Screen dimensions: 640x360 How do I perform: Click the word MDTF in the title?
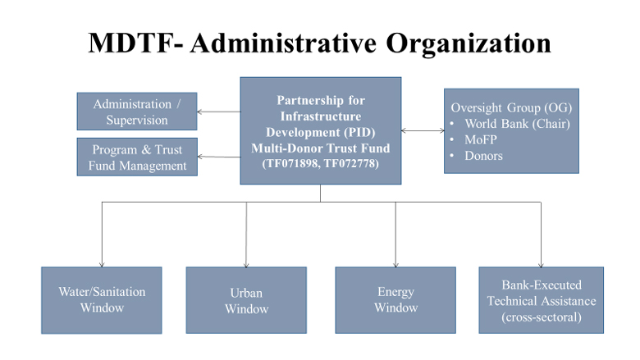(131, 43)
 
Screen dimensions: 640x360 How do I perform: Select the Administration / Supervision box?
(137, 112)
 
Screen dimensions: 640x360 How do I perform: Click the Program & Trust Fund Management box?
(137, 157)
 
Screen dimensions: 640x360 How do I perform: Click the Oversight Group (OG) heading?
(511, 107)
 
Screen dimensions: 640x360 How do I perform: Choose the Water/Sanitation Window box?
(102, 300)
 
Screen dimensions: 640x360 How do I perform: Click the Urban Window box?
(246, 300)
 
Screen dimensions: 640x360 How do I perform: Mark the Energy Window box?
(395, 300)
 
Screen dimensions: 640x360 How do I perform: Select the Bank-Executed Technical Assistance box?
(542, 300)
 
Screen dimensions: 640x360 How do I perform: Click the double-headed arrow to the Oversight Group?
(423, 130)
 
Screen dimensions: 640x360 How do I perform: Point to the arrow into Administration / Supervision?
(219, 112)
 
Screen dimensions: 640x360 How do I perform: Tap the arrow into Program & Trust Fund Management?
(219, 157)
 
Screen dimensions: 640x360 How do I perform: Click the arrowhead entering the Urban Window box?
(246, 265)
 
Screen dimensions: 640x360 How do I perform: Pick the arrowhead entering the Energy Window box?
(395, 265)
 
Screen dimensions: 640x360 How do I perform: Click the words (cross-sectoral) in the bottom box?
(542, 317)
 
